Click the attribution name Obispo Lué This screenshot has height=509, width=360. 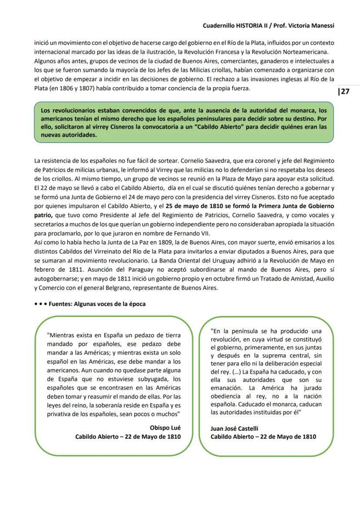[165, 428]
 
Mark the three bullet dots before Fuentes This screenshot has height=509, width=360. [40, 304]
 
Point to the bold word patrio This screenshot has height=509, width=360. [43, 215]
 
